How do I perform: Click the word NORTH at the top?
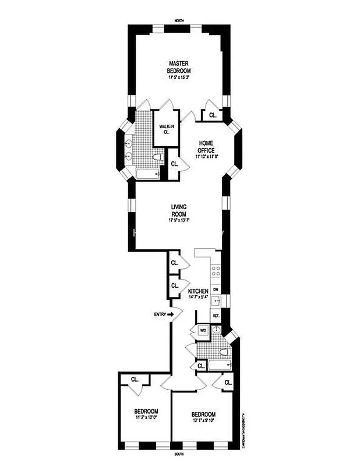tap(179, 21)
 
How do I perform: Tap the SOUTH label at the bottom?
tap(179, 453)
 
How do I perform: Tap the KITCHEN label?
tap(198, 291)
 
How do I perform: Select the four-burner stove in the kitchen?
tap(215, 271)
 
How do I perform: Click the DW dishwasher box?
tap(216, 289)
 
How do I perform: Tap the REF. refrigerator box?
tap(216, 316)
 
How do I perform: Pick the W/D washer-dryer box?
tap(203, 330)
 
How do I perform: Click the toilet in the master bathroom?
tap(156, 157)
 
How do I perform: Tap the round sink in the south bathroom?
tap(217, 330)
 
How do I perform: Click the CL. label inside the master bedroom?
tap(213, 115)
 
